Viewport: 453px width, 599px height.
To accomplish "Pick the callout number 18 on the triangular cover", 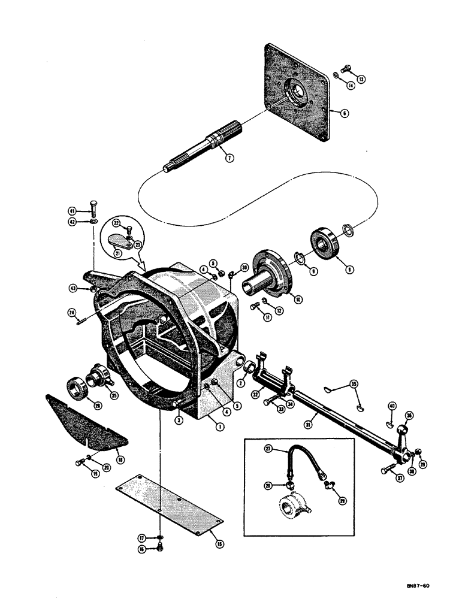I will [x=120, y=460].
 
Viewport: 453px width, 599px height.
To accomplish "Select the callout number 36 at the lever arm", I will [x=410, y=416].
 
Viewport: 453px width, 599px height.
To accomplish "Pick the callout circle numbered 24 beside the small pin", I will [x=71, y=312].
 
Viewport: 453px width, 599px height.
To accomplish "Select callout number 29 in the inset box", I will [x=342, y=500].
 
